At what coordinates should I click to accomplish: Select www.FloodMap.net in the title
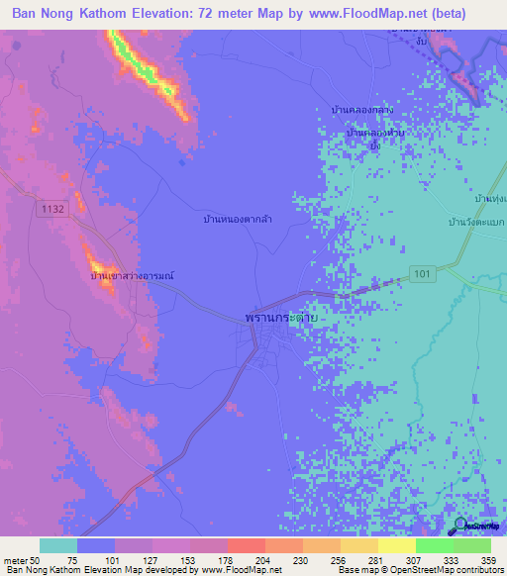tap(358, 14)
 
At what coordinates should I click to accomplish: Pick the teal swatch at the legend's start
tap(58, 545)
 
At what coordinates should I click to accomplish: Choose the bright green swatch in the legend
tap(434, 545)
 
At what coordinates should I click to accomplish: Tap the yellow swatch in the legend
tap(396, 545)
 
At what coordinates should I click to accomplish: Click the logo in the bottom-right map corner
tap(475, 526)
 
